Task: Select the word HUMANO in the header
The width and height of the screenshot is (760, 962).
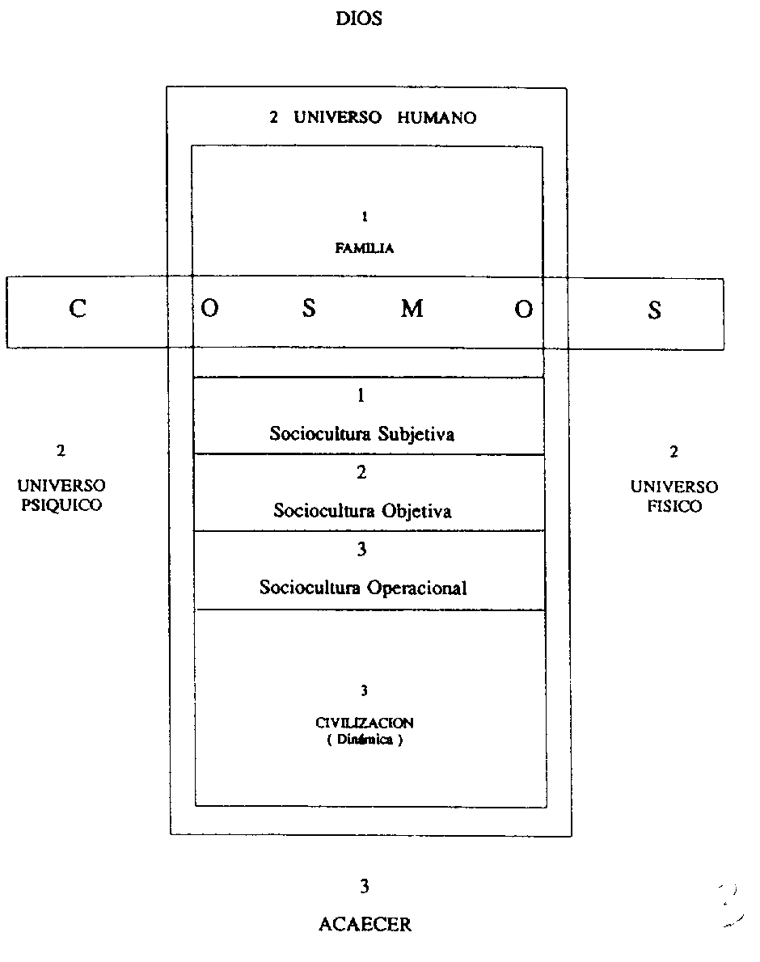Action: point(437,117)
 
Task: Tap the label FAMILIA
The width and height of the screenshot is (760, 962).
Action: point(365,249)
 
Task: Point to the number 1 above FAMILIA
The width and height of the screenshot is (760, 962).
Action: point(365,217)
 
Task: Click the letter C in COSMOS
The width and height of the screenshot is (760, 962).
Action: point(77,310)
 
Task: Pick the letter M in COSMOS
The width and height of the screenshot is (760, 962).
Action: point(412,310)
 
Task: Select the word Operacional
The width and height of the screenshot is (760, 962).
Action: point(416,588)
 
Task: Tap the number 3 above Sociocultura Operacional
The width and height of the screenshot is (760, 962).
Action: point(361,550)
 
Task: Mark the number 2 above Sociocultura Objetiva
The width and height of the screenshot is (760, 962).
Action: point(361,473)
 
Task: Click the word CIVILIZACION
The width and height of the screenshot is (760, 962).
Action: point(365,724)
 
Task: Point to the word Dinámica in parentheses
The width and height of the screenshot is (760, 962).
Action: point(365,740)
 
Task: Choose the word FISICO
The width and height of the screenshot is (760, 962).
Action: point(674,507)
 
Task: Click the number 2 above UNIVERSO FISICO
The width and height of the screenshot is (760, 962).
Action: point(673,452)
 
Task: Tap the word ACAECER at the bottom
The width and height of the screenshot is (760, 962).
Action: point(365,925)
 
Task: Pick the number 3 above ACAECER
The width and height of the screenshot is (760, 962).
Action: point(365,887)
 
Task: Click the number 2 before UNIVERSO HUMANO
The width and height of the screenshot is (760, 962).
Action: point(274,117)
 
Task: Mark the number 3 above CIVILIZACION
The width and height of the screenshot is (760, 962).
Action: point(365,690)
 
